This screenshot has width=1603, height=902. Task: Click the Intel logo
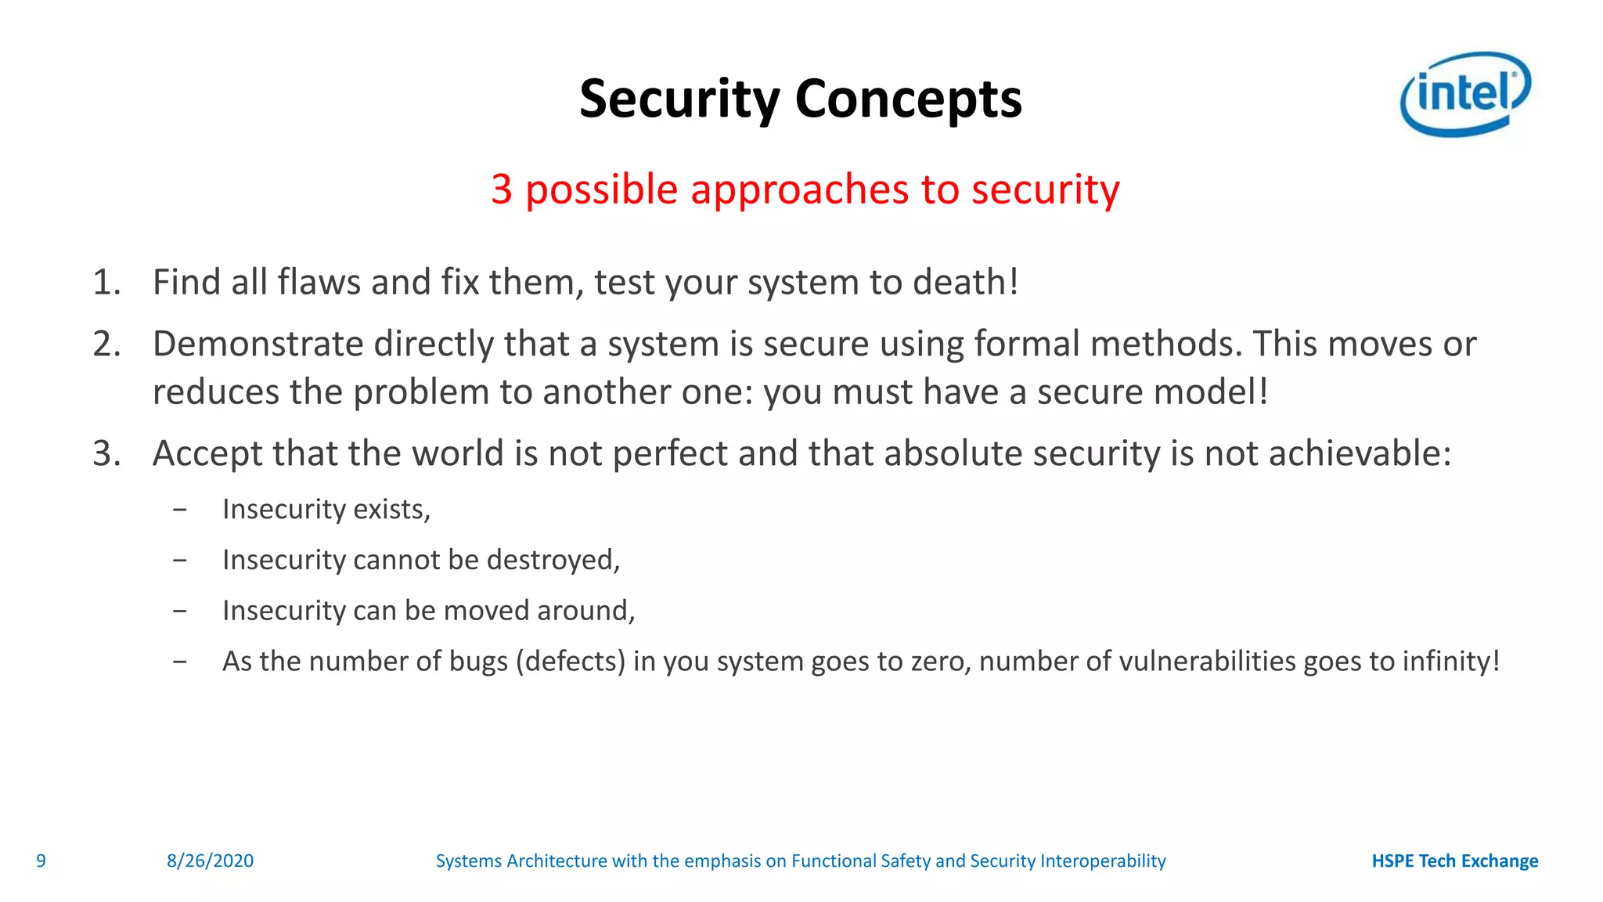coord(1464,94)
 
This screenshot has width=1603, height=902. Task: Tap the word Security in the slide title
coord(679,100)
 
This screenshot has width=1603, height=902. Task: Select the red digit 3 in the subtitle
coord(502,189)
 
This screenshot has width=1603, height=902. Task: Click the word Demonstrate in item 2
coord(258,345)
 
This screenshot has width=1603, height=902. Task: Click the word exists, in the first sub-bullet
coord(391,510)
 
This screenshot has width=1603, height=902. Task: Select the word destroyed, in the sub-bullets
coord(553,561)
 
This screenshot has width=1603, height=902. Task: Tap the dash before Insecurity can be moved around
coord(180,611)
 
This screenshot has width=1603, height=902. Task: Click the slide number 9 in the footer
coord(41,861)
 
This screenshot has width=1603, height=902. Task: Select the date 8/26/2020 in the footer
coord(210,861)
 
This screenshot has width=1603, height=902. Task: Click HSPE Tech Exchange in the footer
coord(1454,861)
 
